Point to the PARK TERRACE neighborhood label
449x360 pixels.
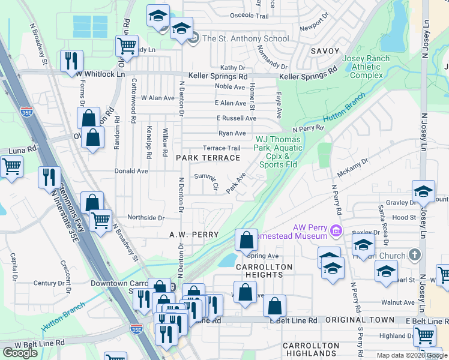208,158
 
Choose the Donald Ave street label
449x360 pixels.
131,171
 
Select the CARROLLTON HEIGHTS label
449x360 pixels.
264,271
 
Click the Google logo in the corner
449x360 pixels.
20,353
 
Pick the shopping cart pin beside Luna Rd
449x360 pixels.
11,167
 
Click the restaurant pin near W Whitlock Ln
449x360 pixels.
71,60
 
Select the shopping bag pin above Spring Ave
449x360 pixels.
246,241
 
